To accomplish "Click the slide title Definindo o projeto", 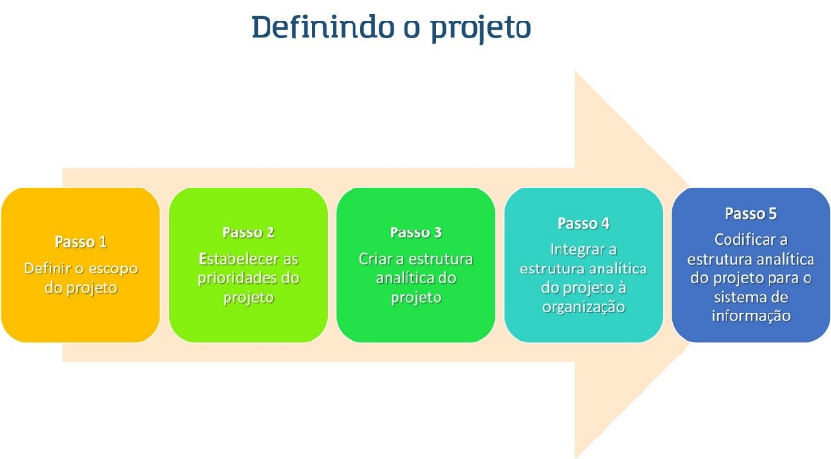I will tap(391, 26).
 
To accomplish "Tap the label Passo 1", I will tap(80, 241).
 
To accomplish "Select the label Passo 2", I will tap(248, 232).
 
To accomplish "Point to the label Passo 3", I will tap(416, 232).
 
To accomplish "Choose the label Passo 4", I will tap(584, 223).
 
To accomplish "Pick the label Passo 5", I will tap(751, 213).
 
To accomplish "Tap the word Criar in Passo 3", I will tap(376, 259).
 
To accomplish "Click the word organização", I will tap(584, 307).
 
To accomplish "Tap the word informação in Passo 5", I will tap(751, 315).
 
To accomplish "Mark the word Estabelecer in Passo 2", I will tap(235, 259).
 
